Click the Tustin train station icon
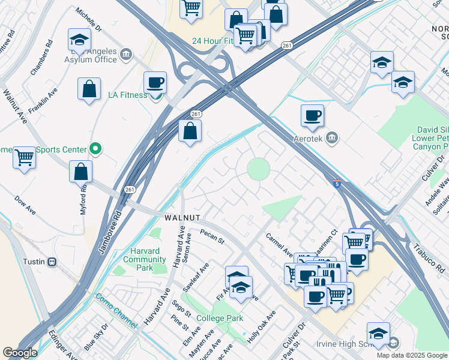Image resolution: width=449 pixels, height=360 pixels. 52,262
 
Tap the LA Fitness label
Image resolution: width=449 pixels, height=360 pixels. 127,95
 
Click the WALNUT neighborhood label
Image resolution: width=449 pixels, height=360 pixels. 182,217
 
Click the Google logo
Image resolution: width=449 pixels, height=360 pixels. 20,353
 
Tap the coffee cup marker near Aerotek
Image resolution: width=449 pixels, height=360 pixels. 312,116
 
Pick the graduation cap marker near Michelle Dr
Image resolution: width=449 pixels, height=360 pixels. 79,40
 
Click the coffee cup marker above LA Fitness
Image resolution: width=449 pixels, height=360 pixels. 155,82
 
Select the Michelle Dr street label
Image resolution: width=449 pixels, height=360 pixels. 89,20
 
